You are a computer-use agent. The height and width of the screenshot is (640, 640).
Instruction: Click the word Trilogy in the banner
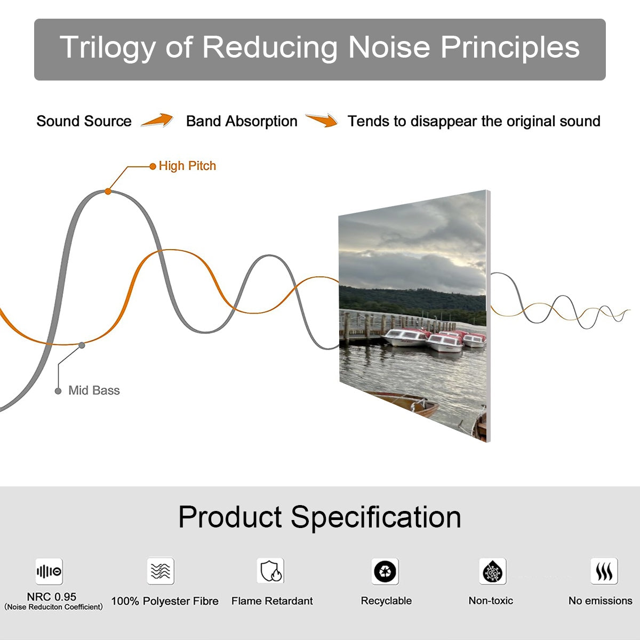[108, 47]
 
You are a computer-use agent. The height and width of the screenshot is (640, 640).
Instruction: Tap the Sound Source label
[84, 121]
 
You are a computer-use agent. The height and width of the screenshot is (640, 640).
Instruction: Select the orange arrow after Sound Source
[157, 120]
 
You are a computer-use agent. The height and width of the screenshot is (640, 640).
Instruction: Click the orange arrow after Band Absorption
[322, 120]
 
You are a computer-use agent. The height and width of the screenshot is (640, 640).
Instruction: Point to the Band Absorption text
[242, 121]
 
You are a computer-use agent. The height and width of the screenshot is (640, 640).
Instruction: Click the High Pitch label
[187, 166]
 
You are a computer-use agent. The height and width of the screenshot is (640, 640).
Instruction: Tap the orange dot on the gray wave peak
[108, 191]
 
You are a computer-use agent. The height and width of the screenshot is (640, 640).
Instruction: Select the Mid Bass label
[94, 390]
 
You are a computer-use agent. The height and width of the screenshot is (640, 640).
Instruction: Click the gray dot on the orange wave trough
[82, 346]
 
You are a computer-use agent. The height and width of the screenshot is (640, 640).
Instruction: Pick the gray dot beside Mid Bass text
[58, 391]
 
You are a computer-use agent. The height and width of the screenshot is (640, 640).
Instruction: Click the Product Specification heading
[319, 517]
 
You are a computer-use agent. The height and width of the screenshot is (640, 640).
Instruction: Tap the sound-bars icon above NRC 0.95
[49, 571]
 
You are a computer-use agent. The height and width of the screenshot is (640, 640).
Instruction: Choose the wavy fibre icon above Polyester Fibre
[161, 571]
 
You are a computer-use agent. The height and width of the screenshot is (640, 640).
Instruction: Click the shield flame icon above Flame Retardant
[271, 571]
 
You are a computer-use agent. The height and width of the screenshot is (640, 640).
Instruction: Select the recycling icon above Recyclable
[385, 571]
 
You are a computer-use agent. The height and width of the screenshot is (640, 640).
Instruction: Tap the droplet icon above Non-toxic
[493, 571]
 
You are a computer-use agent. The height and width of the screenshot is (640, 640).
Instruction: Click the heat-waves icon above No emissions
[604, 571]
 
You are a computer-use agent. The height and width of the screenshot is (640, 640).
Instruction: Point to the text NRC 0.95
[52, 597]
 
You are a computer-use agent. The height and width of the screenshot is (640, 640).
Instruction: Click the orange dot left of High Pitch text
[153, 166]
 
